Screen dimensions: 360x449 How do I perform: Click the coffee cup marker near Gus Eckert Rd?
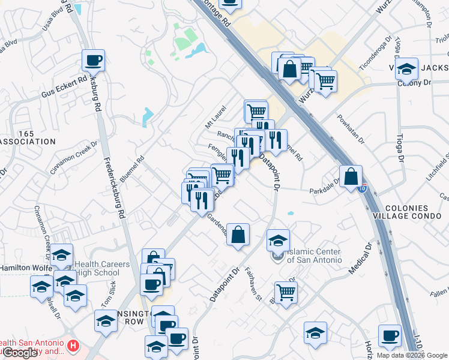(94, 61)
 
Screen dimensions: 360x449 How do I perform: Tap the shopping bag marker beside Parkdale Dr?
(351, 177)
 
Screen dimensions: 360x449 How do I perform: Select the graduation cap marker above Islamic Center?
(278, 241)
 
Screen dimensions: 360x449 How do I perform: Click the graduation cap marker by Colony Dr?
(406, 69)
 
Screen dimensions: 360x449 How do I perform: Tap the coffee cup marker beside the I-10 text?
(390, 336)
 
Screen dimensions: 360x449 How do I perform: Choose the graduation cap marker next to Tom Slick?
(106, 321)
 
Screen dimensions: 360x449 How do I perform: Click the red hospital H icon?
(73, 346)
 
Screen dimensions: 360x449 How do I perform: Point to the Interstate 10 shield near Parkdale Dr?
(362, 188)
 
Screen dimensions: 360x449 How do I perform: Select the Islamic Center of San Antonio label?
(314, 256)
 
